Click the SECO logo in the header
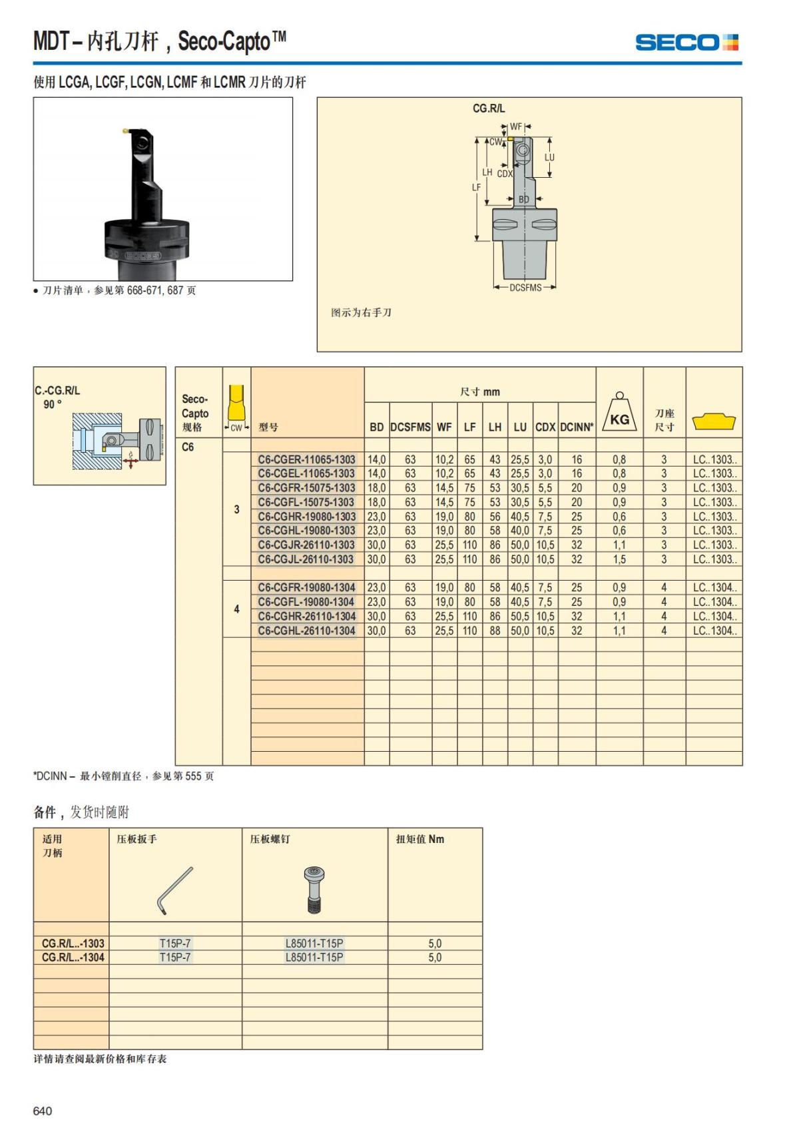coord(686,43)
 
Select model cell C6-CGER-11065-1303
coord(306,459)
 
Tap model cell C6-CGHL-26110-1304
coord(306,631)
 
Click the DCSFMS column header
coord(410,427)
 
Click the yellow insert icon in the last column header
coord(714,422)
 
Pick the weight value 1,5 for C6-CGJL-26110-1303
coord(619,559)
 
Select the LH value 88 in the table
coord(495,631)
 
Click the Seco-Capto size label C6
coord(188,447)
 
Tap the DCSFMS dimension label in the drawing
coord(525,288)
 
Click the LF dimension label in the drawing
coord(476,188)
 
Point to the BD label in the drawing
coord(524,199)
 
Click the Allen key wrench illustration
coord(174,890)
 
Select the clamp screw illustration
coord(314,889)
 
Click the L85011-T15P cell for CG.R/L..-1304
coord(314,958)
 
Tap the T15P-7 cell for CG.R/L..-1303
coord(175,944)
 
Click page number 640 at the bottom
coord(43,1111)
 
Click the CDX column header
coord(545,427)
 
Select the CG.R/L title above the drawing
coord(489,109)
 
